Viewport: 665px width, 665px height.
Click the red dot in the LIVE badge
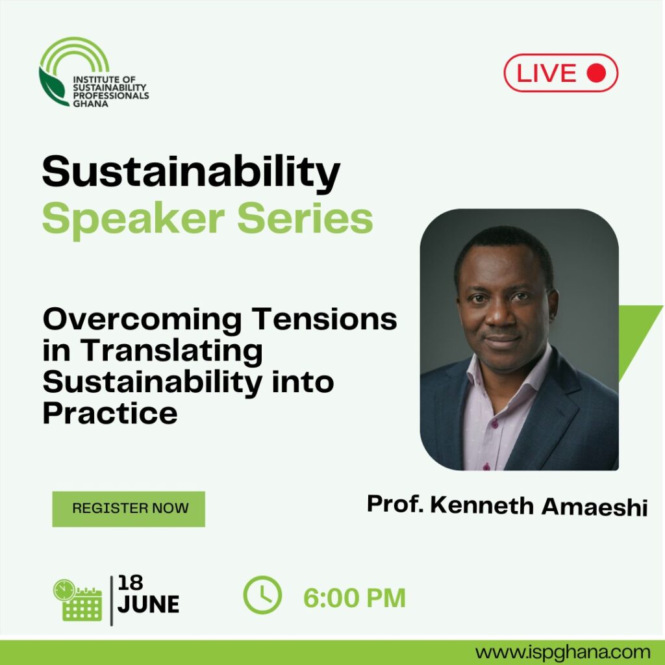coord(596,73)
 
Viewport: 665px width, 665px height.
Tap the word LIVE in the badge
coord(546,73)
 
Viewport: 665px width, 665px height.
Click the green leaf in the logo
coord(53,88)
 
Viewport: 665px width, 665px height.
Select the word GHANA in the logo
coord(90,103)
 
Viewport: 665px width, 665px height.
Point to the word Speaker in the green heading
coord(133,220)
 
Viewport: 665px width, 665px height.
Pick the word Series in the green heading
coord(305,218)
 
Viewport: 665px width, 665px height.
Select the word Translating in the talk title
coord(171,352)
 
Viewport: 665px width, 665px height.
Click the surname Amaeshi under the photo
coord(594,507)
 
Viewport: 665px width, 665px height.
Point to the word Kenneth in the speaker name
coord(482,505)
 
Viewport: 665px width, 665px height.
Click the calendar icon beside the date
coord(78,600)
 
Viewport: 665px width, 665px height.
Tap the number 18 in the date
coord(130,583)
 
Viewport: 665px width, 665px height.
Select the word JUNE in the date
coord(148,604)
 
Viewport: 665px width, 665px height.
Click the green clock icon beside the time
coord(262,595)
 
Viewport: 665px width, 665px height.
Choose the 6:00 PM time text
coord(355,598)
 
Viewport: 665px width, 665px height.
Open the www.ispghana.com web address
coord(562,653)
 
